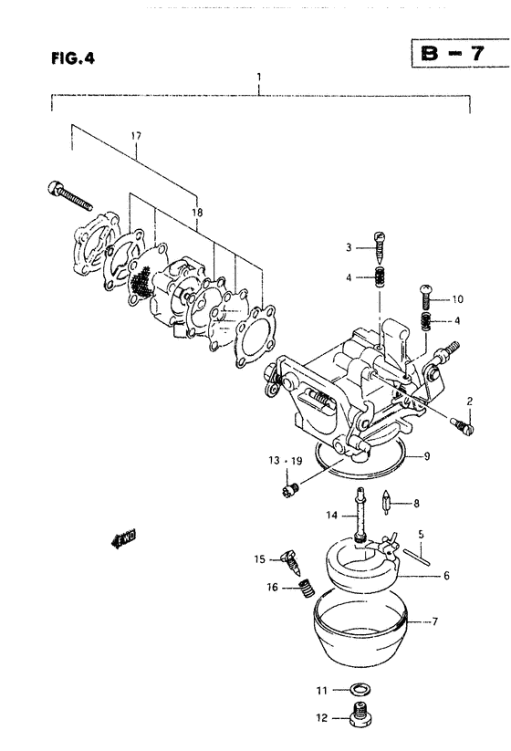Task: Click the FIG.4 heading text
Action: coord(73,58)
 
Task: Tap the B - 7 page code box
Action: coord(460,53)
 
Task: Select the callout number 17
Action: coord(136,136)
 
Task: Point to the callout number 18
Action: coord(197,213)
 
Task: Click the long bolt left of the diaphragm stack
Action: coord(69,196)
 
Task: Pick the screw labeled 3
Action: coord(380,248)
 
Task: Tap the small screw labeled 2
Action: coord(462,425)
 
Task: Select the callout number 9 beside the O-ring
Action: coord(427,456)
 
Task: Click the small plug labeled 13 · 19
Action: coord(289,489)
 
